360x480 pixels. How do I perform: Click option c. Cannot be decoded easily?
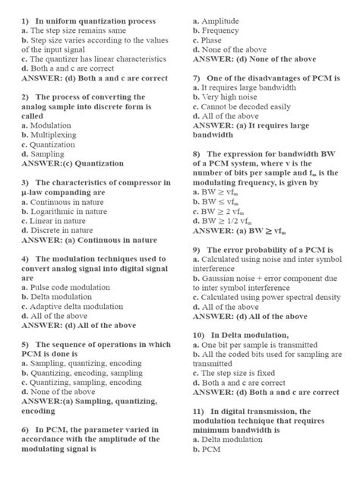(242, 107)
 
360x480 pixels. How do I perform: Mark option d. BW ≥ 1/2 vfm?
(231, 220)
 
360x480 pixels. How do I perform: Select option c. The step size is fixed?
(239, 374)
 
